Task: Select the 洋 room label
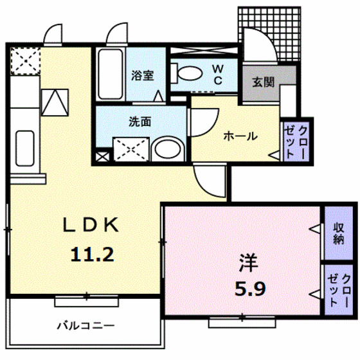pos(248,262)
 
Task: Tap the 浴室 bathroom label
pos(142,75)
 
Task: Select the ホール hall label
pos(240,136)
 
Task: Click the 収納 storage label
pos(339,233)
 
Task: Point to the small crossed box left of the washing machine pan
pos(102,155)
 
